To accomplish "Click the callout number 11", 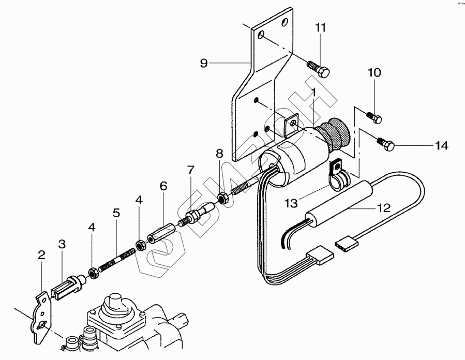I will coord(321,27).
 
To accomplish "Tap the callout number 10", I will coord(374,72).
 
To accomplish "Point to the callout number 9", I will coord(203,63).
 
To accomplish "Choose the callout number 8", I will coord(219,154).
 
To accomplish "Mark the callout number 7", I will coord(191,170).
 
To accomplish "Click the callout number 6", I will coord(163,186).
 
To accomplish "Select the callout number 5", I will coord(116,212).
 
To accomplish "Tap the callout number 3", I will coord(62,244).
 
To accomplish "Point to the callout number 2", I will coord(41,254).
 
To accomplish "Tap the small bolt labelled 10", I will coord(374,117).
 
